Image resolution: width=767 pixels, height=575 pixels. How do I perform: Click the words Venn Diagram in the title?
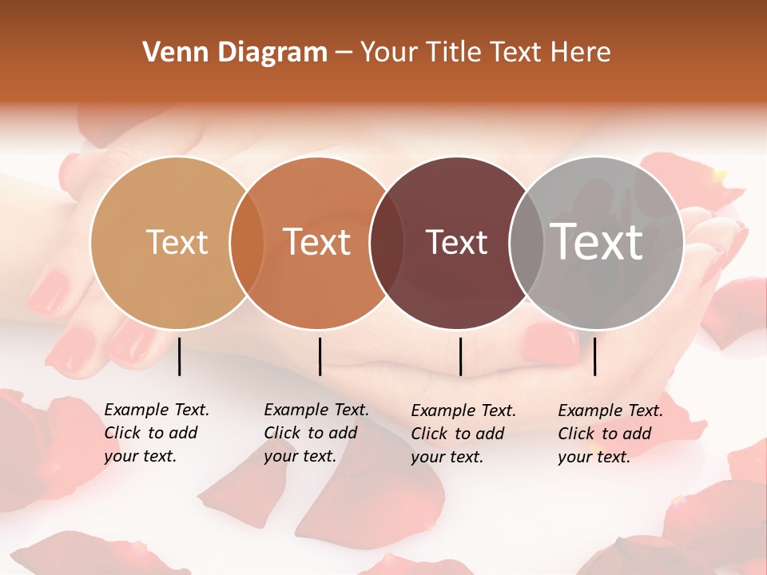[235, 53]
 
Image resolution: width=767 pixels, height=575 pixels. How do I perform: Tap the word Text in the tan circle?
[177, 242]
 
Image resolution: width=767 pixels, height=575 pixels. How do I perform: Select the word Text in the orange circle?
[317, 242]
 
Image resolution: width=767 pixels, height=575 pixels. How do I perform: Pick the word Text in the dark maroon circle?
[456, 243]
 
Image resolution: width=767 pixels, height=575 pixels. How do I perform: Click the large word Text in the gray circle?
[597, 241]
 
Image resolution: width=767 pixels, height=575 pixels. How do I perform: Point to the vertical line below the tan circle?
[179, 356]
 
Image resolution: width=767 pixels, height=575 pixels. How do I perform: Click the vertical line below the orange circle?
[320, 356]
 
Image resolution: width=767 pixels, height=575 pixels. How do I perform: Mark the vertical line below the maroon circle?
[460, 356]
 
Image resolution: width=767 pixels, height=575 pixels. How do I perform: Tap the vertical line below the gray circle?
[595, 356]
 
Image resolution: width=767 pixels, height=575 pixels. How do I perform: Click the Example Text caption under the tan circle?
[157, 433]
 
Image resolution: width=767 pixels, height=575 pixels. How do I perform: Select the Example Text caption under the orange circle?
[316, 433]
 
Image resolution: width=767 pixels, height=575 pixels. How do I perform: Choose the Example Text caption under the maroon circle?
[463, 434]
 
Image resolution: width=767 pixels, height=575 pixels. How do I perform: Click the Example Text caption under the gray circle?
[610, 434]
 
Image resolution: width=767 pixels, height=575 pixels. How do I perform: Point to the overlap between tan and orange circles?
[247, 242]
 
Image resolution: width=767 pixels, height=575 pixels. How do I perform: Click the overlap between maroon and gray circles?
[527, 242]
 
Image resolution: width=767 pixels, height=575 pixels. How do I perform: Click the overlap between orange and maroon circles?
[386, 242]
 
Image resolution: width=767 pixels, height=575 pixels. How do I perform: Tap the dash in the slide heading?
[344, 53]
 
